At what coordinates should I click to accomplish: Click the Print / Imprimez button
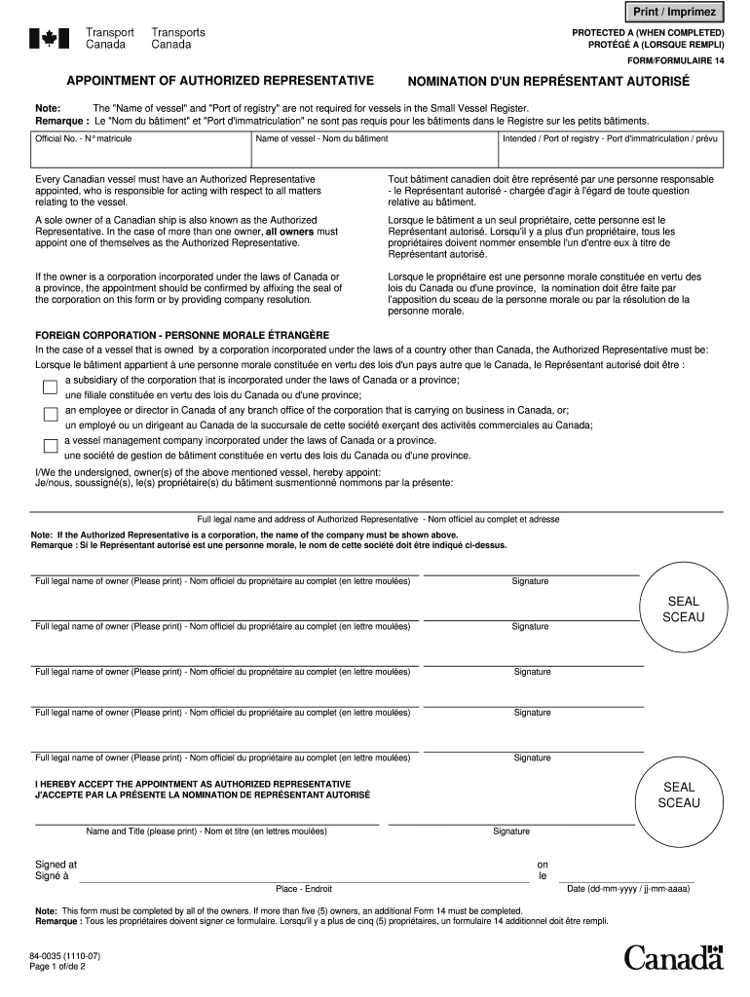point(675,12)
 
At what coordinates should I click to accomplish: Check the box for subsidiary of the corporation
point(50,387)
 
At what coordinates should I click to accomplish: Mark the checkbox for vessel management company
point(50,447)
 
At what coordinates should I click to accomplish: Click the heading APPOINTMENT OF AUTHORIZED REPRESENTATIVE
point(220,80)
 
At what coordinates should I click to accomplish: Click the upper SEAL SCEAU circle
point(683,609)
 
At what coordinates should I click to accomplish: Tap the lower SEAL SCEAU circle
point(679,794)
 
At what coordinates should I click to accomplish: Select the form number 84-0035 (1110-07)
point(64,956)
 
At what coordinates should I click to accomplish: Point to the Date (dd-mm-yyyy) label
point(628,889)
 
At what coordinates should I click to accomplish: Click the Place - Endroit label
point(304,889)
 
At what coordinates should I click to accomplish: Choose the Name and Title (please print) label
point(206,831)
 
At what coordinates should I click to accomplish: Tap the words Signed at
point(56,864)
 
